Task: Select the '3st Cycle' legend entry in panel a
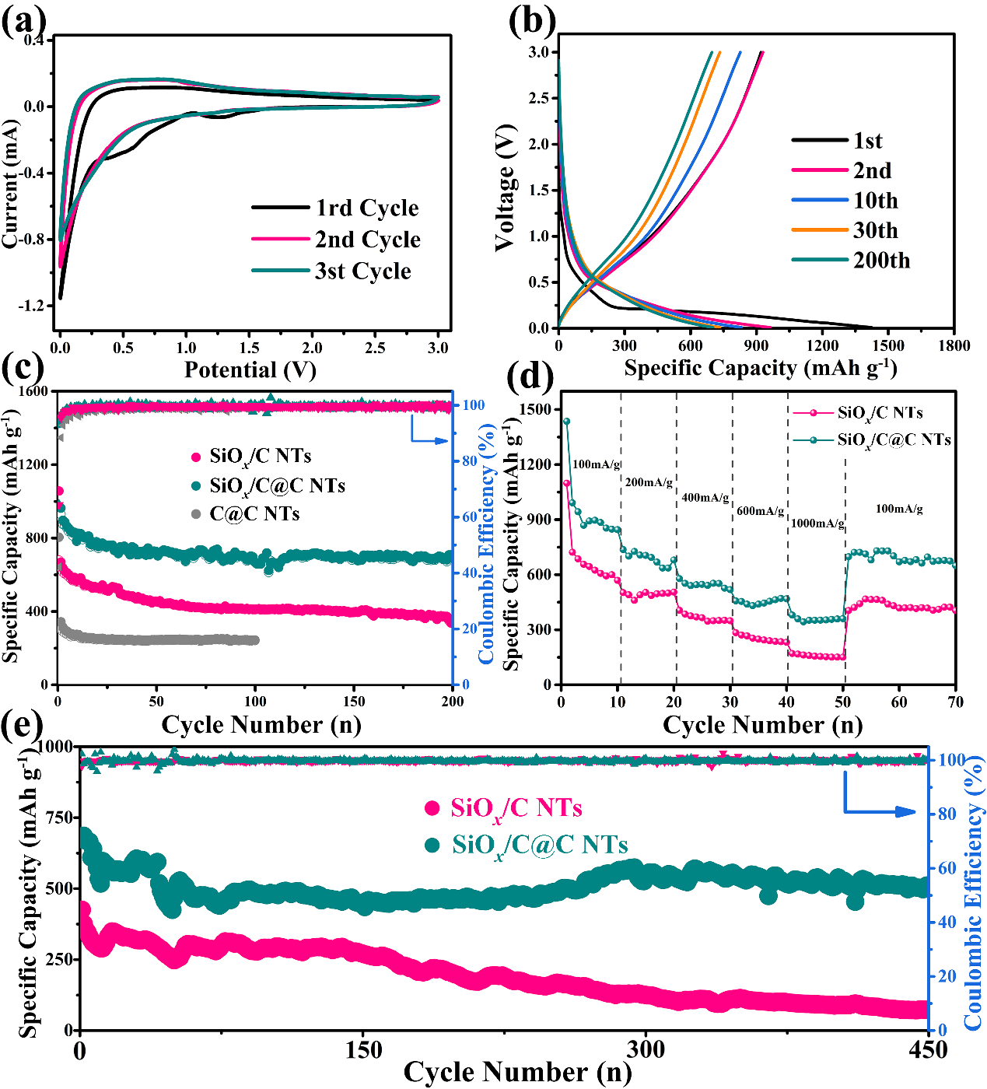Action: click(362, 271)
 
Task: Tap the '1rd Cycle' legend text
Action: click(367, 208)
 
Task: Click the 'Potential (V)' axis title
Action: click(250, 369)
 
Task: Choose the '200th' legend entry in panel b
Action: click(881, 261)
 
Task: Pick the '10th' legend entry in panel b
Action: click(875, 201)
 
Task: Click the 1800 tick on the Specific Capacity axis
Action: click(954, 346)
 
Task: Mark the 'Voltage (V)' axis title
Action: click(506, 187)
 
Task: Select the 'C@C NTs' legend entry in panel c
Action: click(254, 514)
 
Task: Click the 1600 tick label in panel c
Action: click(32, 391)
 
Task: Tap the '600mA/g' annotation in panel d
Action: click(760, 511)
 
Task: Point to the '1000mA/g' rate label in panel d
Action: click(817, 523)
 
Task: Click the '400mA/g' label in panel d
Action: click(705, 498)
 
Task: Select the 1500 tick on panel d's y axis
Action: click(537, 410)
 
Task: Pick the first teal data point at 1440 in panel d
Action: click(566, 422)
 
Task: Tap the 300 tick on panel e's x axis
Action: click(646, 1051)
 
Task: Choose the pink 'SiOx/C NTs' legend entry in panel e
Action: click(516, 809)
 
